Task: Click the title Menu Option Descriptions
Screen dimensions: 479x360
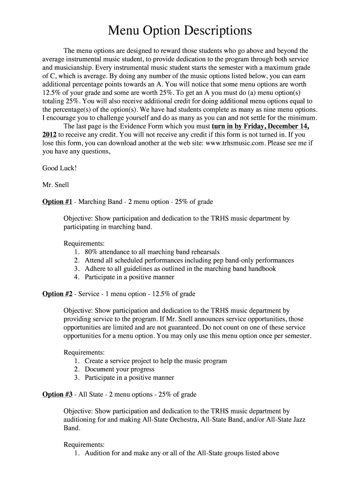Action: click(x=180, y=31)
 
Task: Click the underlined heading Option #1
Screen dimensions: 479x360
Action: click(x=57, y=202)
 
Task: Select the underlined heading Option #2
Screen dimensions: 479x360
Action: click(x=57, y=294)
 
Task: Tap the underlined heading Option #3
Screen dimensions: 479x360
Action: click(x=57, y=394)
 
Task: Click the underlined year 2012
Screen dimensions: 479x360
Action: click(x=50, y=135)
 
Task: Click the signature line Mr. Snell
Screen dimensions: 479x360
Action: click(x=56, y=185)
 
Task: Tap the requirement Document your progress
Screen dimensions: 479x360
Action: click(x=122, y=369)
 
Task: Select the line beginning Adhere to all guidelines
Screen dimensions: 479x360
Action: click(x=180, y=269)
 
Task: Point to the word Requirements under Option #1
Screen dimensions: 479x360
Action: click(x=84, y=243)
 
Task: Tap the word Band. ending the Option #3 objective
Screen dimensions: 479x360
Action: click(x=72, y=428)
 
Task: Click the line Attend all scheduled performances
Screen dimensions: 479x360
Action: click(x=189, y=260)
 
